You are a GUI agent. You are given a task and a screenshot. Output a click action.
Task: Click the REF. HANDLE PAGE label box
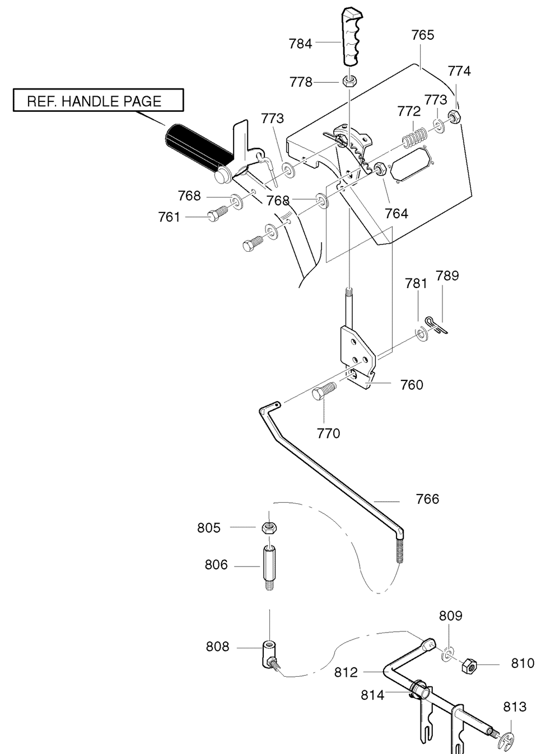(x=99, y=100)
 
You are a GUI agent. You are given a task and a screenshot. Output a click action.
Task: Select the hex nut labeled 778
(x=348, y=82)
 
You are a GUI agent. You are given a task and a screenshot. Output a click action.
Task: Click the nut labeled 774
(x=455, y=116)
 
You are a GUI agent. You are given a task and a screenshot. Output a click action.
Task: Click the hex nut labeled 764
(x=380, y=168)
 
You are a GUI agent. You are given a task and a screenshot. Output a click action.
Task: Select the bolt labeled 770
(x=324, y=391)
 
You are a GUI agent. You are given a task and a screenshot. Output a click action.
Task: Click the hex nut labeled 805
(x=269, y=527)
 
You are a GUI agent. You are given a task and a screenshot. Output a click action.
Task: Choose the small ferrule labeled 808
(x=269, y=653)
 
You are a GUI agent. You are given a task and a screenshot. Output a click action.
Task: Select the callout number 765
(x=422, y=35)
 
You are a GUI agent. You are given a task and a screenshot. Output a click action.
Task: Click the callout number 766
(x=427, y=499)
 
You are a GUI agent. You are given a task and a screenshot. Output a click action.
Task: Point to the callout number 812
(x=346, y=672)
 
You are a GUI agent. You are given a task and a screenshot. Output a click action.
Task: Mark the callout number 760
(x=411, y=385)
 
